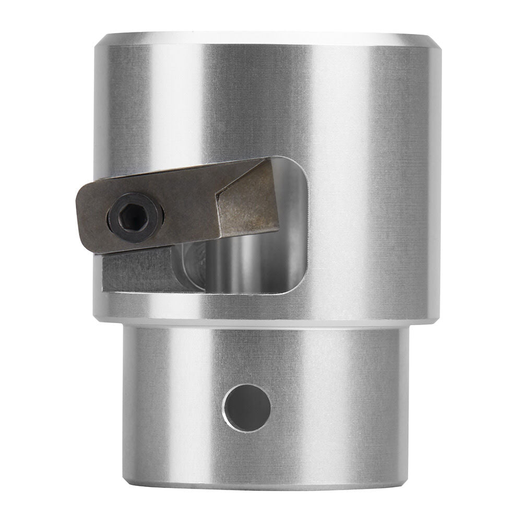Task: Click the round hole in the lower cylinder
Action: (247, 407)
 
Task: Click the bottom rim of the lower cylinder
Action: (266, 487)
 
